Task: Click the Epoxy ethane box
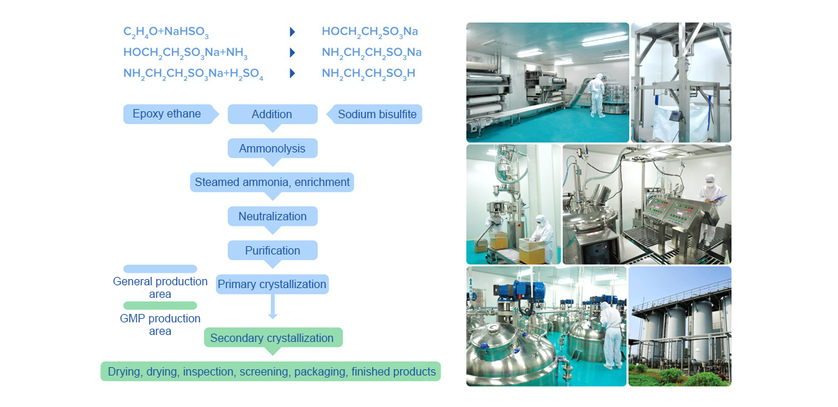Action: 170,114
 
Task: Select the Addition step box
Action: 272,114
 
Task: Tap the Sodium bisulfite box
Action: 374,114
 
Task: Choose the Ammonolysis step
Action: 272,148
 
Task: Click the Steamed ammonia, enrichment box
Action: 272,182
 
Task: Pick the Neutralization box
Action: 272,216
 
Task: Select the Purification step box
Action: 272,250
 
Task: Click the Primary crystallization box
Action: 272,284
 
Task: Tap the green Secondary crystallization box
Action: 273,337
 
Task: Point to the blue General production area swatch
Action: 160,269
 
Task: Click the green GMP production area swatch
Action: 160,306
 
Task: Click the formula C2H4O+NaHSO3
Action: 166,32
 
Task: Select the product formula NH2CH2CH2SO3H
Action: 369,73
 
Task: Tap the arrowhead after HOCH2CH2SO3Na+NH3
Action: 293,52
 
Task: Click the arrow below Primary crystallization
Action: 273,306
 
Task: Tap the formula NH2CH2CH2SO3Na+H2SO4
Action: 193,73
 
